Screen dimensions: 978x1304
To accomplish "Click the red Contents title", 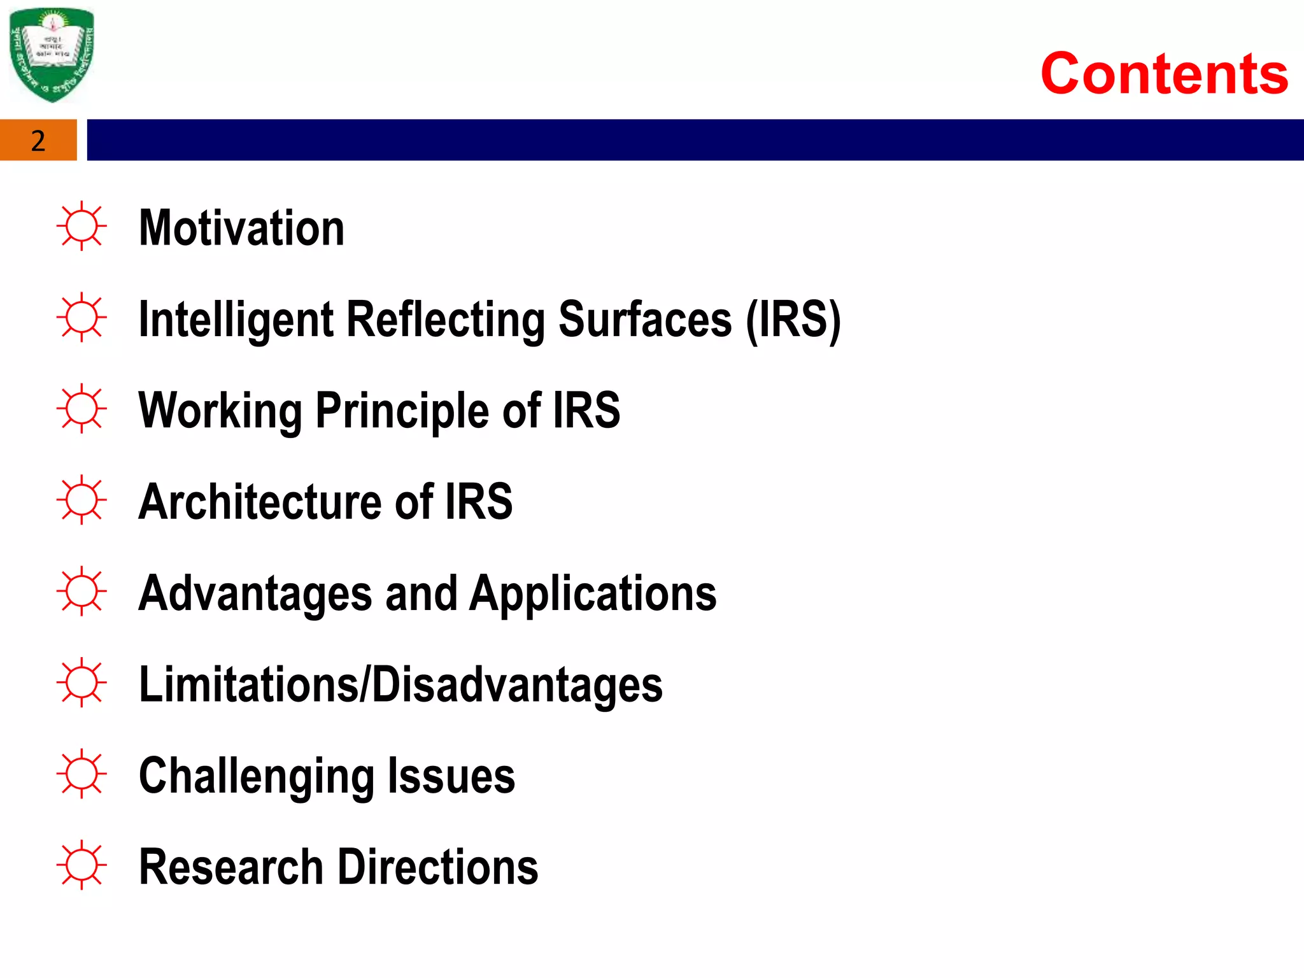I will click(x=1164, y=74).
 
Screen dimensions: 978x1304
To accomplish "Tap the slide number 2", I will click(x=38, y=141).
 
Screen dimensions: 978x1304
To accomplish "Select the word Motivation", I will click(x=241, y=228).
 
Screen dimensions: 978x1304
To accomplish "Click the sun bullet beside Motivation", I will click(x=81, y=226).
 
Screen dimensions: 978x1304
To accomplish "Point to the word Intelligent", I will click(x=236, y=319).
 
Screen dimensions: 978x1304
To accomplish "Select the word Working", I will click(x=220, y=411).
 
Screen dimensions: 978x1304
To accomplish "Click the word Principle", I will click(x=403, y=411).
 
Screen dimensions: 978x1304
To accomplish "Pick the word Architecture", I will click(x=259, y=502).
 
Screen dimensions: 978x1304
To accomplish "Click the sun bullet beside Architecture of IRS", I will click(x=81, y=500).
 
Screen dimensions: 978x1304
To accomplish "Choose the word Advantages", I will click(x=255, y=593).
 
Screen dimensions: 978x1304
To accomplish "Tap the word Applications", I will click(x=593, y=593).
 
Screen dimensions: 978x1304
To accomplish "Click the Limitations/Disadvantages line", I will click(x=400, y=685).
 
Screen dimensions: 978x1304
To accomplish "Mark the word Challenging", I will click(x=256, y=776).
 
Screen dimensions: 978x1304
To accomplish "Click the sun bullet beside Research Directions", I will click(x=81, y=865).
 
